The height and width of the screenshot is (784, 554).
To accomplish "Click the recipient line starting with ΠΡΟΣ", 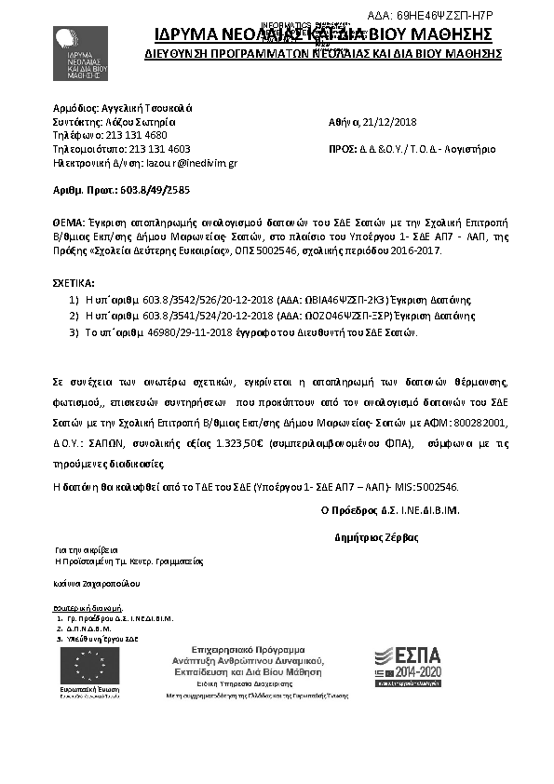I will (412, 149).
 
